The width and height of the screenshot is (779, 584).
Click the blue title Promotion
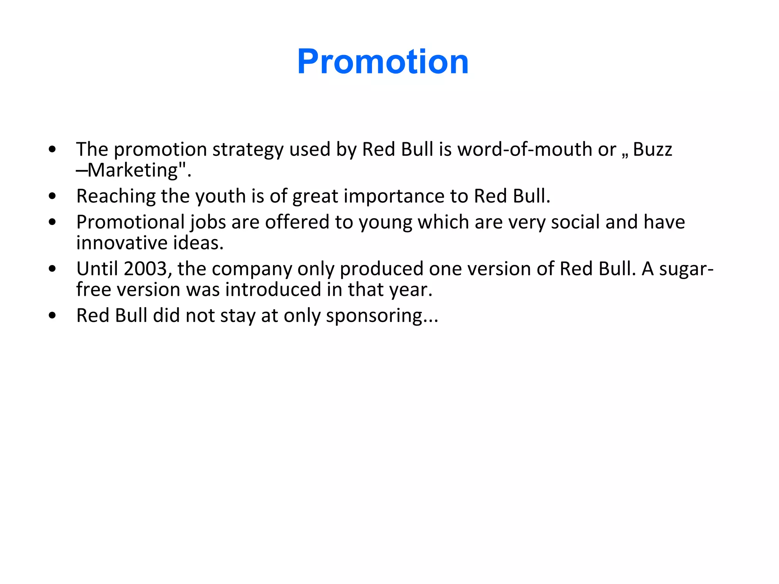point(383,62)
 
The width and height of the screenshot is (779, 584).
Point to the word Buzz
point(652,149)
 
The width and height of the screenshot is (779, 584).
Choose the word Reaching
point(116,197)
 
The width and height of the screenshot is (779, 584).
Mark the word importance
point(394,197)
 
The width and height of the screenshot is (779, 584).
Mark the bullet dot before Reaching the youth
point(52,197)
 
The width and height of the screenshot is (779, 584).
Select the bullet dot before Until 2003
point(52,269)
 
